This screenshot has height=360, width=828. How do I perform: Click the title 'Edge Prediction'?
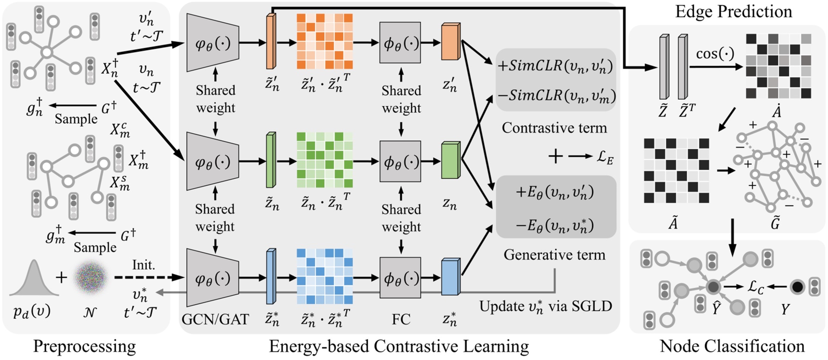coord(733,12)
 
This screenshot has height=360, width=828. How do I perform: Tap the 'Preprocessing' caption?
coord(85,346)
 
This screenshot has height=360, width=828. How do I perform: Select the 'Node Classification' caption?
coord(732,346)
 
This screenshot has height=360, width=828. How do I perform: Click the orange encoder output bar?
coord(271,41)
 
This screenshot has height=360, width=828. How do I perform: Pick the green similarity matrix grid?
coord(324,160)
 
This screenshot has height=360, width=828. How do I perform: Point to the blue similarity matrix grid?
coord(324,276)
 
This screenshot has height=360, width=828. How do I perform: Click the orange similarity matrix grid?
coord(324,41)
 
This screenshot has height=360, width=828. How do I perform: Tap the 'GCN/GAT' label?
coord(215,319)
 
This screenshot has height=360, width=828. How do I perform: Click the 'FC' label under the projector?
coord(401,319)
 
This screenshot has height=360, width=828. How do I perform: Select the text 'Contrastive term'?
coord(554,128)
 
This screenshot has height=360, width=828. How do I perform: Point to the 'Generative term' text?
coord(554,255)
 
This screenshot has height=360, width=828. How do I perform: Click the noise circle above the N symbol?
coord(91,277)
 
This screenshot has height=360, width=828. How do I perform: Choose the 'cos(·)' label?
coord(716,53)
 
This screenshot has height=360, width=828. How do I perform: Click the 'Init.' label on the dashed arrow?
coord(144,265)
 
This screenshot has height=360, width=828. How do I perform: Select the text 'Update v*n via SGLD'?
coord(546,306)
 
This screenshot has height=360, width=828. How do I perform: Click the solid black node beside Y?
coord(797,286)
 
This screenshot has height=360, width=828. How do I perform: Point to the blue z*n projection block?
coord(450,276)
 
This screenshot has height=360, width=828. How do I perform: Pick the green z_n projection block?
coord(450,161)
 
